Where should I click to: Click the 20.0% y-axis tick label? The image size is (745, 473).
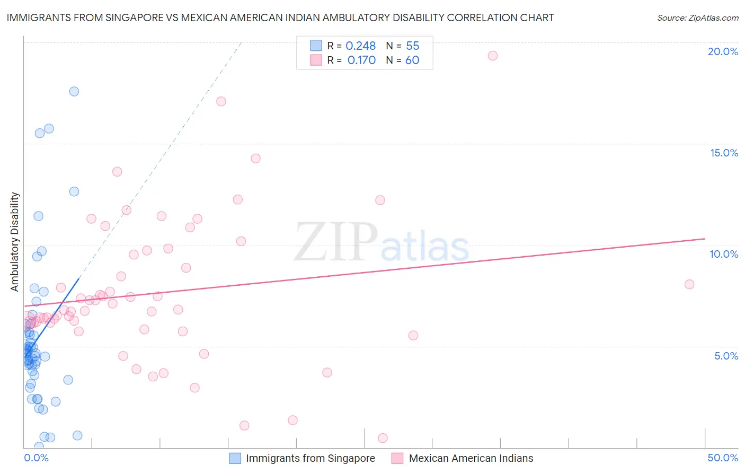(723, 51)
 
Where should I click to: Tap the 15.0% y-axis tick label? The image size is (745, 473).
(724, 153)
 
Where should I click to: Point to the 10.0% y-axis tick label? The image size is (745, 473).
(724, 254)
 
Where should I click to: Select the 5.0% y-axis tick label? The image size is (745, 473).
(726, 356)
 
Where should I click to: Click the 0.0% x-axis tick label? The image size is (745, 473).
(36, 458)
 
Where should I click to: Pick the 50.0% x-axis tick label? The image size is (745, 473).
(723, 458)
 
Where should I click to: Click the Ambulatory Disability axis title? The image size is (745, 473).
(15, 242)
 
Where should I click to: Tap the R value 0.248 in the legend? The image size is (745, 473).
(360, 46)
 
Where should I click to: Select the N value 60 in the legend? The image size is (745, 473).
(412, 60)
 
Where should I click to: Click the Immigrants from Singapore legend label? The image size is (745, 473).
(310, 458)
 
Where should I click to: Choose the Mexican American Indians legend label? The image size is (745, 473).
(471, 458)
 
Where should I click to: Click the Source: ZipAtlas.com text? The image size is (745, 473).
(697, 18)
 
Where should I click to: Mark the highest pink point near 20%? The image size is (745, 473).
(493, 56)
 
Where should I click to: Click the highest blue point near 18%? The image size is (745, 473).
(74, 91)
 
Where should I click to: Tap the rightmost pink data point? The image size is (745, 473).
(689, 284)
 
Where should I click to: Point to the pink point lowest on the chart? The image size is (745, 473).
(383, 438)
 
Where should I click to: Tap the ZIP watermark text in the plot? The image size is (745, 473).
(336, 242)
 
